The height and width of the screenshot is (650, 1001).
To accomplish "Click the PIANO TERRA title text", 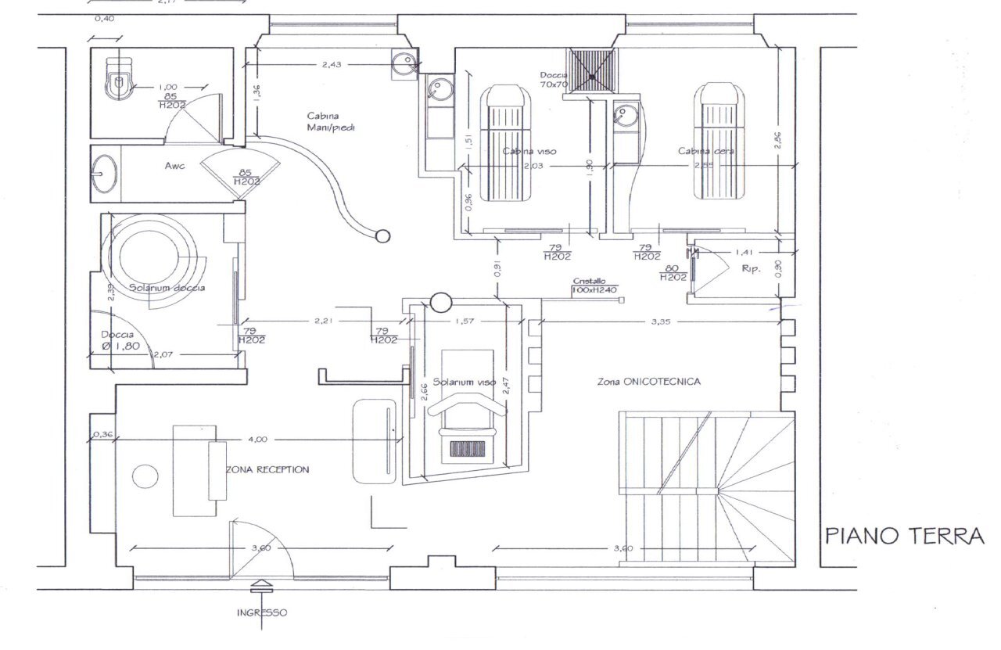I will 904,536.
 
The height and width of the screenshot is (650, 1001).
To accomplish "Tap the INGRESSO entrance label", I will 262,612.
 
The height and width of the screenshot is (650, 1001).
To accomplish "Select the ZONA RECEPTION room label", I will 267,469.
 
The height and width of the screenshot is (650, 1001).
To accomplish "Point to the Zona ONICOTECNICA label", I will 648,382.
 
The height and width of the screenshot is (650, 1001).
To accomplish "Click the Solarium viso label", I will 465,382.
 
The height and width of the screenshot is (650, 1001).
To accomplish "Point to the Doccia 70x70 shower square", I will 591,70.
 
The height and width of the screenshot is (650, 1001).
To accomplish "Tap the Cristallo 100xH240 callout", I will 594,285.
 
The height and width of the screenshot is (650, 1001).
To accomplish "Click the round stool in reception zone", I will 145,476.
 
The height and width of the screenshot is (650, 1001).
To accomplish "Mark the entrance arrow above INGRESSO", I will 261,585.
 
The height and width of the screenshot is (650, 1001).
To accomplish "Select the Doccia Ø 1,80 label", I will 119,339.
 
